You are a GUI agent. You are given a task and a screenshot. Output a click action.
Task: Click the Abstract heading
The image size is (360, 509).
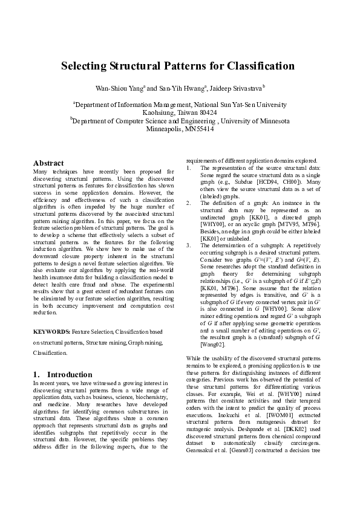tap(48, 163)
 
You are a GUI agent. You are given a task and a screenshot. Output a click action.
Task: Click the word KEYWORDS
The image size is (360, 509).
tap(51, 332)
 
